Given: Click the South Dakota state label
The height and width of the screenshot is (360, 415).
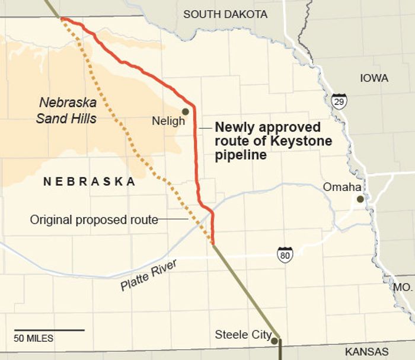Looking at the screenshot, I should tap(225, 14).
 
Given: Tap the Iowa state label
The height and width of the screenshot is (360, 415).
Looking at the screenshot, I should tap(373, 78).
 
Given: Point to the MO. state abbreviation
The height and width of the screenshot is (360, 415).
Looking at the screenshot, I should tap(403, 286).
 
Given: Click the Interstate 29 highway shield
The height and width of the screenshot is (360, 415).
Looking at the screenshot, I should tap(339, 101).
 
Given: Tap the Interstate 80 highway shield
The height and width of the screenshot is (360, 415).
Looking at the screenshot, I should tap(285, 254).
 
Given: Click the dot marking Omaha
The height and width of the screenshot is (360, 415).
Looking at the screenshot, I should tap(360, 199).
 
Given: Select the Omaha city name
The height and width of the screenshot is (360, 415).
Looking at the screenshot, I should tap(342, 187).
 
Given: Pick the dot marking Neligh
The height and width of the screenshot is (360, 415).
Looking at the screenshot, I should tap(186, 111).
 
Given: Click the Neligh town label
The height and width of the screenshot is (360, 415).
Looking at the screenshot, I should tap(168, 121).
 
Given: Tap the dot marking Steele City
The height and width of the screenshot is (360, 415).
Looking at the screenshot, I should tap(274, 340).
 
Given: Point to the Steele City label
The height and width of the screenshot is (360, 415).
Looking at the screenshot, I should tap(243, 335).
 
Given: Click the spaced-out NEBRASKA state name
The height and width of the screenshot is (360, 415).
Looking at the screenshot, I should tap(90, 182).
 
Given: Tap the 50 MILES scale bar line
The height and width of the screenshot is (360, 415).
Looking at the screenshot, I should tap(49, 330).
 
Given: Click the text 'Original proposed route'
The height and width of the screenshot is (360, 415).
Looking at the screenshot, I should tap(94, 220).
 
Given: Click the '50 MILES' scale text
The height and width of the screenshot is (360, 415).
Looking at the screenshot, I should tap(34, 339).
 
